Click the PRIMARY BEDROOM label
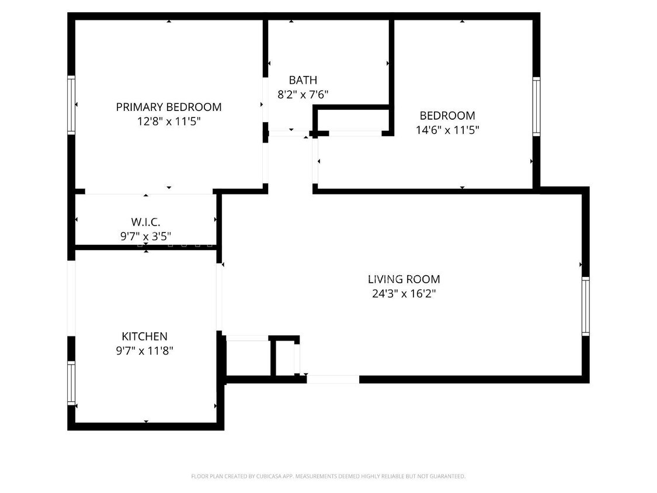168,107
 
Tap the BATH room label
303,80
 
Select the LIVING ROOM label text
404,279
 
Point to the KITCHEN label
144,336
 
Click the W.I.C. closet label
145,222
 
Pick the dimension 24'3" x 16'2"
404,294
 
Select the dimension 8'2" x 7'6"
303,94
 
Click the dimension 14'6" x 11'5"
447,130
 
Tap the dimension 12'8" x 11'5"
168,121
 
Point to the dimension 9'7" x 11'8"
144,351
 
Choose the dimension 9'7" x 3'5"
145,237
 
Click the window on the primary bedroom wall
71,105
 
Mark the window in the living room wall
585,306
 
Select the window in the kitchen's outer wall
71,383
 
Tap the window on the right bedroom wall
536,106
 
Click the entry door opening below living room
332,379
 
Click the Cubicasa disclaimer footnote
328,477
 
